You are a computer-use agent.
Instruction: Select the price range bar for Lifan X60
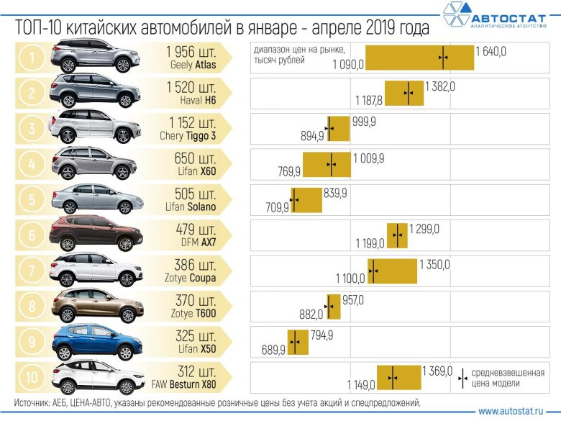(x=327, y=165)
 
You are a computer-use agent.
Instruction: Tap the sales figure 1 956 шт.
(x=191, y=52)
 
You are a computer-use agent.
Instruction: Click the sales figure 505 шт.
(x=196, y=194)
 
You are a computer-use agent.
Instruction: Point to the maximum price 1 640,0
(x=491, y=50)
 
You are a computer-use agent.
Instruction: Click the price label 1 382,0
(x=439, y=86)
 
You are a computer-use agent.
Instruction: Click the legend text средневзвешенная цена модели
(x=510, y=378)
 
